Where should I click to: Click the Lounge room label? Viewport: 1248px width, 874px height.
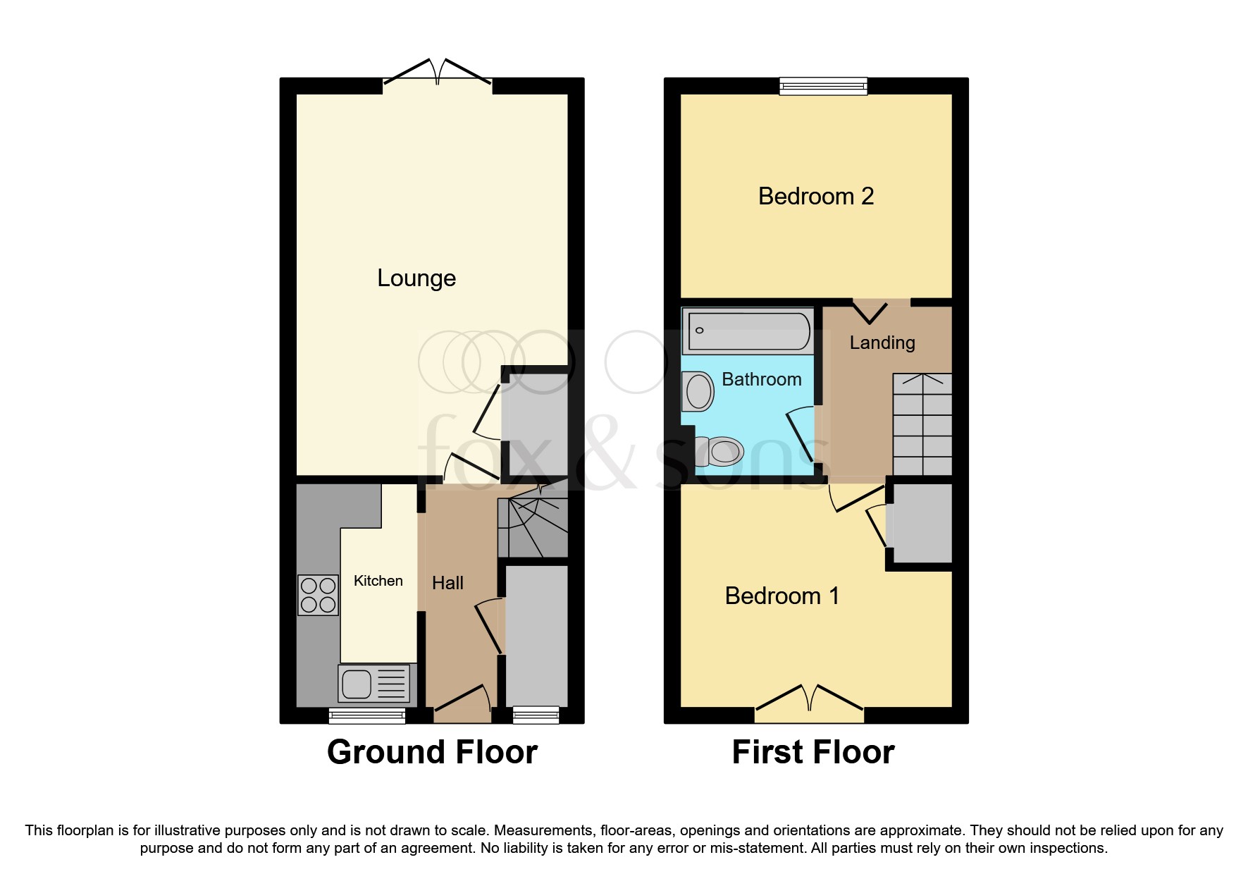416,278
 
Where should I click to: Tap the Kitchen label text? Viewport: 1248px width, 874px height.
378,581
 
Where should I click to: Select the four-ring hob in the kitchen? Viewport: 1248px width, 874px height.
317,595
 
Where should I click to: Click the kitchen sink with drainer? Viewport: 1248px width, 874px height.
373,683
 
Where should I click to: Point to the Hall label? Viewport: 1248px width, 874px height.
447,583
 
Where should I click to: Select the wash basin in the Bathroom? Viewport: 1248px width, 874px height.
698,391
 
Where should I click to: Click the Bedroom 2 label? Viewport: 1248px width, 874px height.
815,196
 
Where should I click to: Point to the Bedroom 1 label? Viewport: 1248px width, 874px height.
781,596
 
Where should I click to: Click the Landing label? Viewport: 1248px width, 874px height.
882,343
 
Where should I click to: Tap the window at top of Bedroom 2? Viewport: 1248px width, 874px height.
823,87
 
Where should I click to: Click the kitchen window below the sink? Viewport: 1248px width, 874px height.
367,716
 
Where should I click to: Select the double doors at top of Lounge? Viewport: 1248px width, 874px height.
437,74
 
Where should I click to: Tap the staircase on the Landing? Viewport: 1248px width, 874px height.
922,424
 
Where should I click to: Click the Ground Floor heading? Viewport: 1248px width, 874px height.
432,752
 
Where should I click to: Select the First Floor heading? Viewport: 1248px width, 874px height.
813,752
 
